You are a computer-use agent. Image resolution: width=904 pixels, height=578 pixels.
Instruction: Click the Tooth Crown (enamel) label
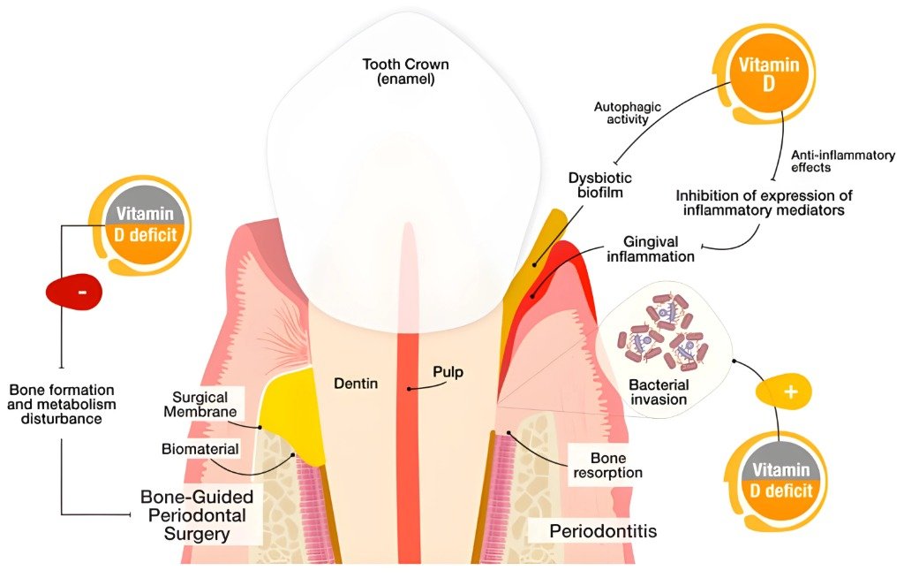[x=405, y=72]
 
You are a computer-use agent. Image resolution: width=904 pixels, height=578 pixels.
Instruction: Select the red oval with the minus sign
[x=74, y=293]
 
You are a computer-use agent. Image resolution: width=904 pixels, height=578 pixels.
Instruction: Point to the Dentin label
[x=356, y=383]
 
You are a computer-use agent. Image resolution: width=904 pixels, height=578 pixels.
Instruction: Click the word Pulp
[x=448, y=372]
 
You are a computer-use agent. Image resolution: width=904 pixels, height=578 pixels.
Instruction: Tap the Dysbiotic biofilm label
[x=600, y=185]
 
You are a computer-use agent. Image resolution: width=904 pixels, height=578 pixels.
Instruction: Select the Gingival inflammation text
[x=651, y=249]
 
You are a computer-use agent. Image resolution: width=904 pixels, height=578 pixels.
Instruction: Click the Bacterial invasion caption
[x=659, y=392]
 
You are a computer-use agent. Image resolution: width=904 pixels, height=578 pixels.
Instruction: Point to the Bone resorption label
[x=607, y=466]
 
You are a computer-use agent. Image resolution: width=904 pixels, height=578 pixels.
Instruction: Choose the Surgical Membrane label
[x=200, y=404]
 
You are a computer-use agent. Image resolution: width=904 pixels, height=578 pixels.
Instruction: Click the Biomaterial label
[x=200, y=449]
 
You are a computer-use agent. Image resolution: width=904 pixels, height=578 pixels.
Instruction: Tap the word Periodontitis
[x=603, y=530]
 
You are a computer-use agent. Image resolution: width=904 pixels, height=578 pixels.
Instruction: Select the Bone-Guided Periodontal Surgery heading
[x=197, y=515]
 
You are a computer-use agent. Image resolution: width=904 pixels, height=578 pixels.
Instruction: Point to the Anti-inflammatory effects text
[x=843, y=161]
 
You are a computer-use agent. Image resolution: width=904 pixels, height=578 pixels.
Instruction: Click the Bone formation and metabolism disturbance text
[x=62, y=404]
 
